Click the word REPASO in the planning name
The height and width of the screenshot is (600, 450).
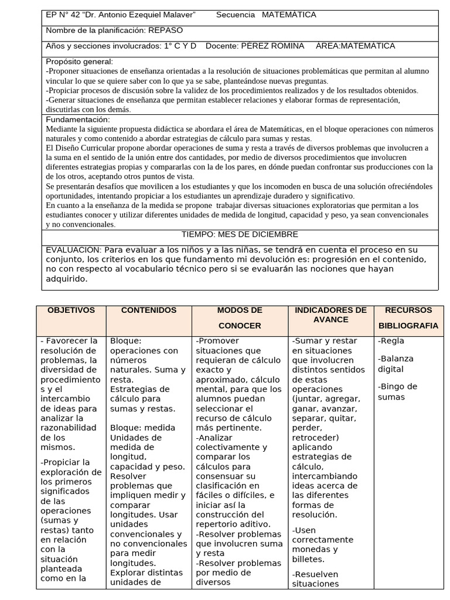(x=166, y=30)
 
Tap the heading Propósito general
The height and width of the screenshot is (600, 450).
(x=79, y=62)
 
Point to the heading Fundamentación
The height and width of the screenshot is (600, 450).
(x=77, y=120)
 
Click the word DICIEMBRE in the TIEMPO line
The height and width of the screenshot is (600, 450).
(x=274, y=234)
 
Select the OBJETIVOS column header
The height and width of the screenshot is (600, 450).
(x=71, y=311)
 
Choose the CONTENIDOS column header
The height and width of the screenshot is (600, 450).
(x=148, y=311)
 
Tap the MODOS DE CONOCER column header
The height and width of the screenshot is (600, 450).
(x=240, y=318)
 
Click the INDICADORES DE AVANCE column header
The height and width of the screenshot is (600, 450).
(x=330, y=315)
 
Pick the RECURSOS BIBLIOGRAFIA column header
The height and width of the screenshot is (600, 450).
(x=408, y=318)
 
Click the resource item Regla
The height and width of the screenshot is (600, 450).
(x=391, y=341)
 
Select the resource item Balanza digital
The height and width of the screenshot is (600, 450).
(x=396, y=364)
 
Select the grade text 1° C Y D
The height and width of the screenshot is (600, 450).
(x=178, y=46)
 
